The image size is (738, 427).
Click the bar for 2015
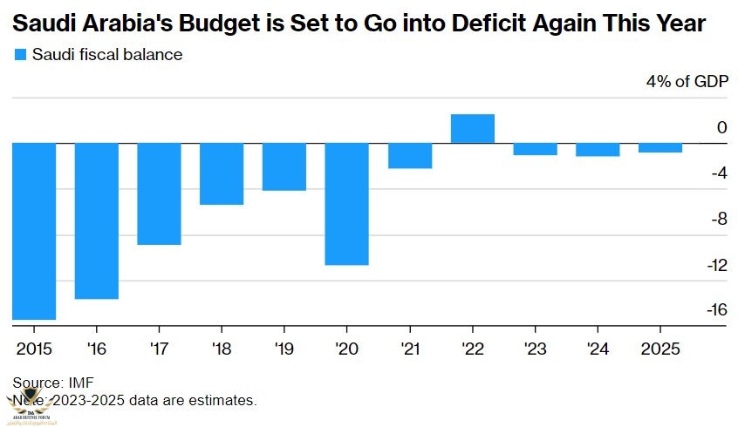click(34, 231)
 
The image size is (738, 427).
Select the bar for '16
click(96, 220)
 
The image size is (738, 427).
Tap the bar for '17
click(159, 193)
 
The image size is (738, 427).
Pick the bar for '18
click(222, 173)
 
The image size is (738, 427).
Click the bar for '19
click(284, 166)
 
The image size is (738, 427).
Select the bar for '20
click(347, 203)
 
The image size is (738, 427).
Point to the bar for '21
click(410, 155)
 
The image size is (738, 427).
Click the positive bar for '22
click(473, 128)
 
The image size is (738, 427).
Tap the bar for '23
click(536, 149)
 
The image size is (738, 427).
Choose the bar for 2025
click(660, 147)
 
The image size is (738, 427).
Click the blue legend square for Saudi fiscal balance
click(20, 55)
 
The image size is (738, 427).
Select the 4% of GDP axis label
click(686, 82)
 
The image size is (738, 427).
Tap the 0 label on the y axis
click(721, 128)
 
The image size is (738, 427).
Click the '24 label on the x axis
click(598, 349)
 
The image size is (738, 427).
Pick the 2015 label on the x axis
click(34, 349)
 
